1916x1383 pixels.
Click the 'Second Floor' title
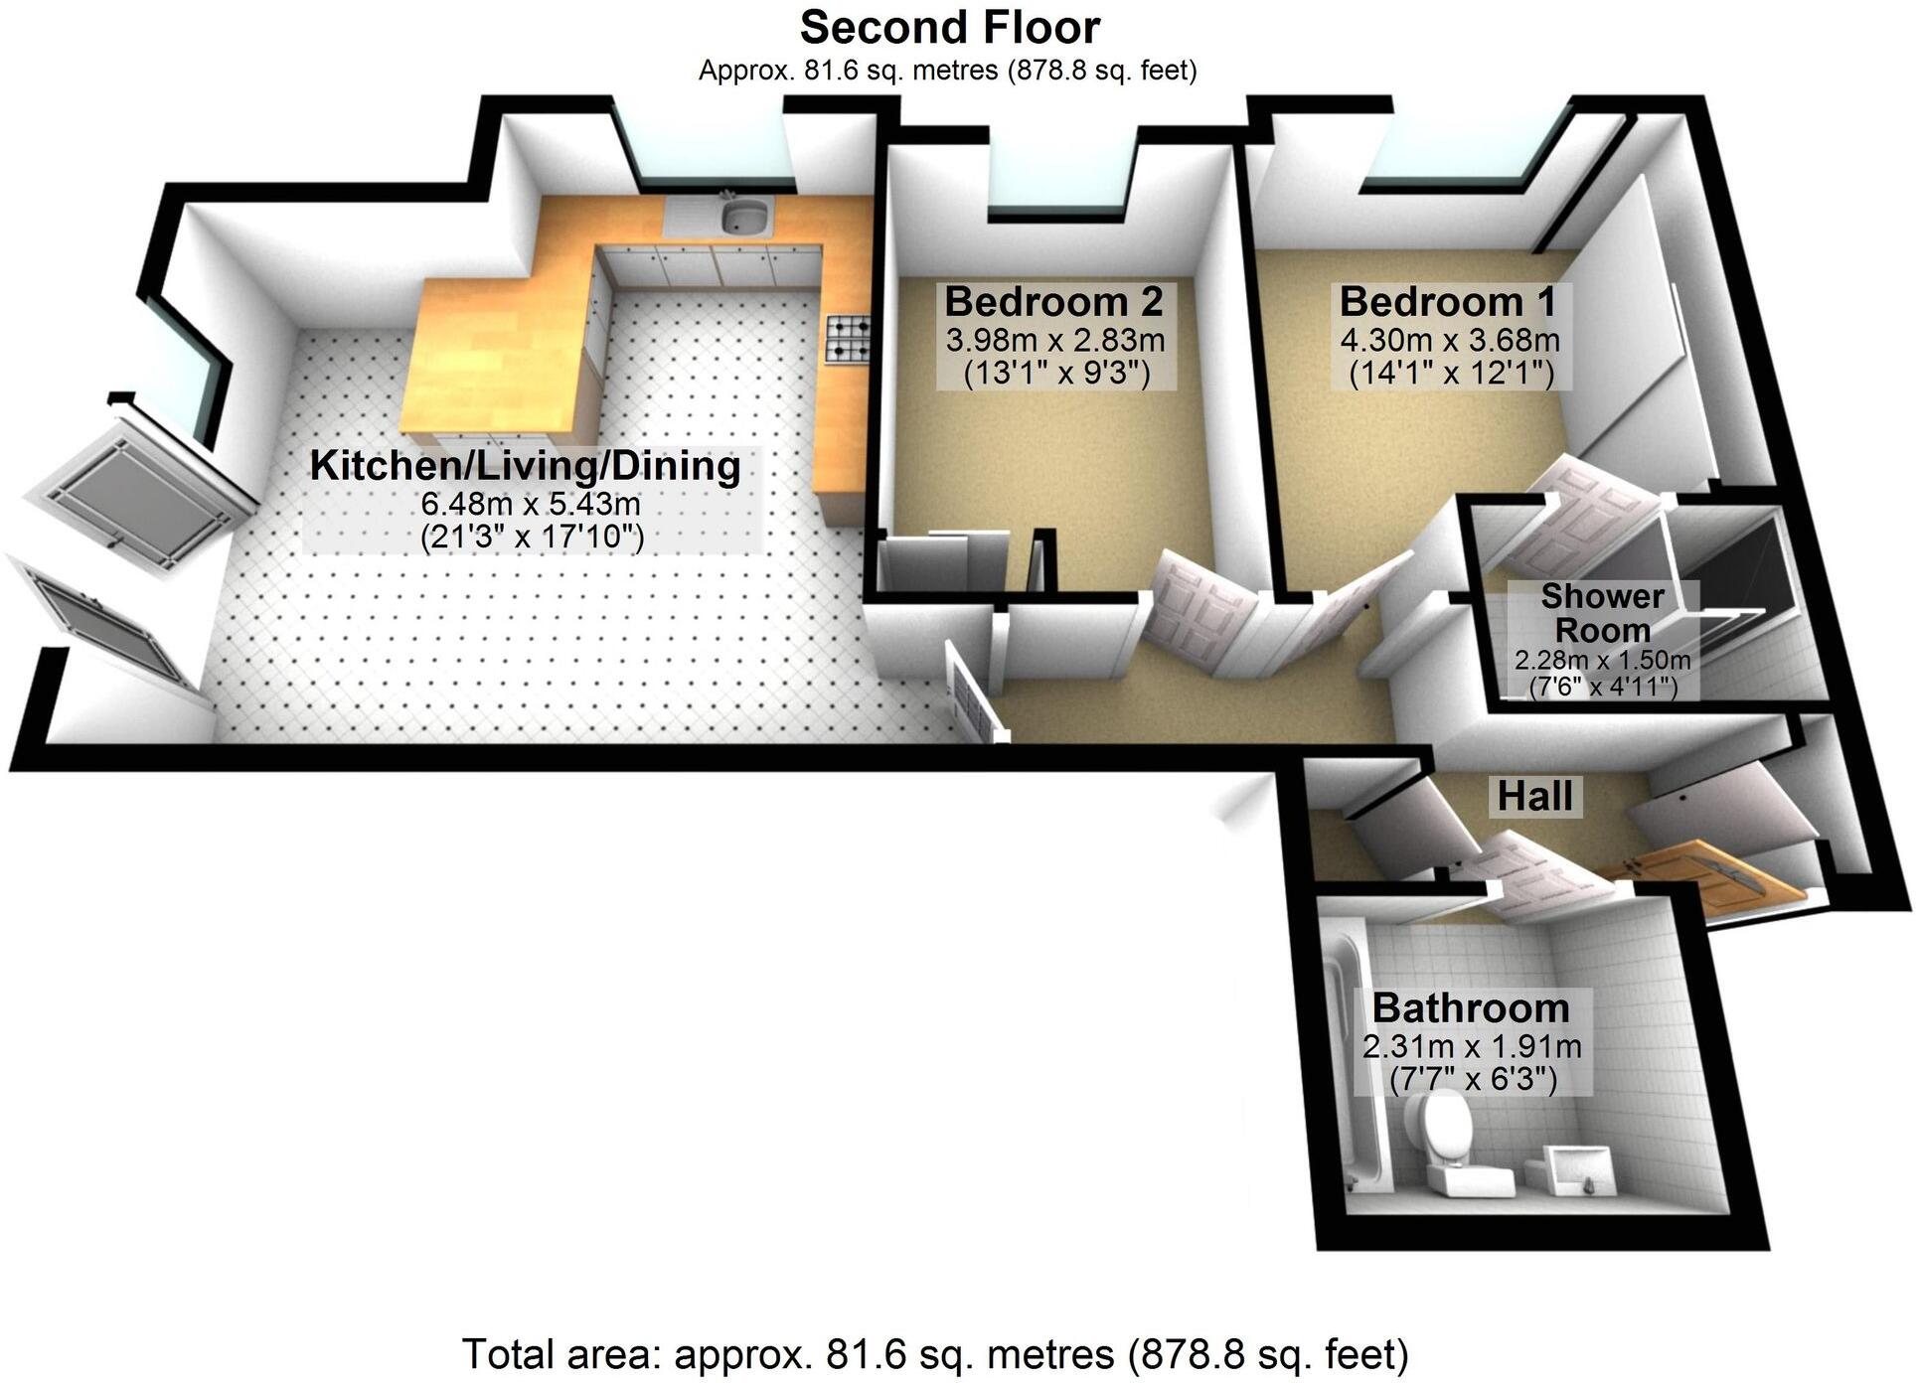949,28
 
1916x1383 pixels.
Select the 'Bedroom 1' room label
1448,301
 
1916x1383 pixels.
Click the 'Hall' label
1534,796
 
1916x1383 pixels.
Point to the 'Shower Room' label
1602,613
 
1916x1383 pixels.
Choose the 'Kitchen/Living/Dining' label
526,466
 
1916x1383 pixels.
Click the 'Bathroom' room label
1471,1007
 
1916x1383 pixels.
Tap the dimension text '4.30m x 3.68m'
1450,341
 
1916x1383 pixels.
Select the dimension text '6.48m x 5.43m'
531,504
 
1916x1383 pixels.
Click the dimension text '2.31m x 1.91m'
1472,1046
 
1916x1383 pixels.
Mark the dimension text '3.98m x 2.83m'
1054,341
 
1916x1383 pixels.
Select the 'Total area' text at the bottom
935,1354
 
